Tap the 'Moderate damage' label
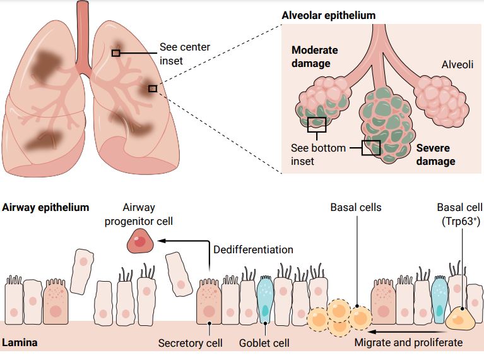click(x=315, y=56)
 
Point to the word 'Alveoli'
click(x=457, y=64)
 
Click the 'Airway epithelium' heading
click(x=45, y=207)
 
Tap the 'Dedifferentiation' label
click(x=253, y=249)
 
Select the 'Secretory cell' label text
click(x=190, y=343)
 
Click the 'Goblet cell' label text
click(x=264, y=343)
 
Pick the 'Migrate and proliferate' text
click(x=408, y=343)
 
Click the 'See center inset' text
click(x=185, y=54)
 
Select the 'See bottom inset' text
click(x=318, y=155)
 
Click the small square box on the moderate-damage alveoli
click(x=316, y=124)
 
